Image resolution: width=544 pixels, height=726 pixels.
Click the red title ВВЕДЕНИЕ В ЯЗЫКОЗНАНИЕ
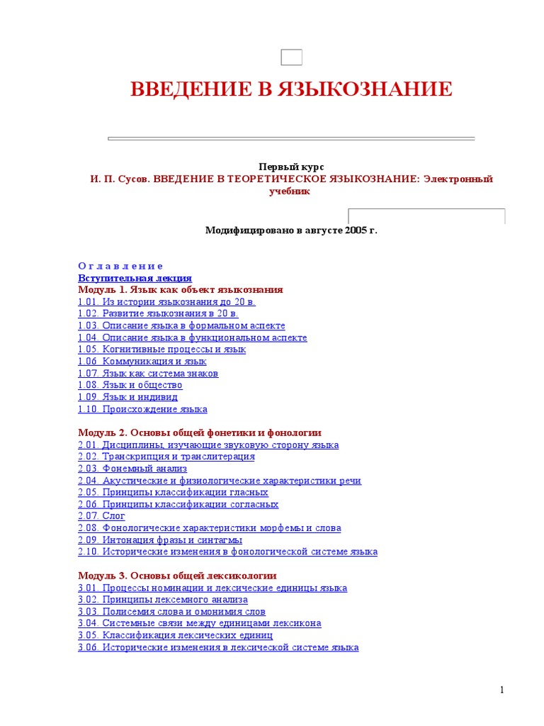point(291,89)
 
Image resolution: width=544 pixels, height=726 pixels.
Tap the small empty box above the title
point(291,58)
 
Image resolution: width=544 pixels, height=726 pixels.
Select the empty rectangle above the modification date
point(426,216)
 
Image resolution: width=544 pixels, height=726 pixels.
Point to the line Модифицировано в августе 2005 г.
point(291,230)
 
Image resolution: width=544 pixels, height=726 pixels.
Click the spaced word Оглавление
point(120,266)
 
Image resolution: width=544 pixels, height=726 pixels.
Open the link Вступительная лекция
point(135,278)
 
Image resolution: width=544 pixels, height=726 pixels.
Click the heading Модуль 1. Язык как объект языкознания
point(180,290)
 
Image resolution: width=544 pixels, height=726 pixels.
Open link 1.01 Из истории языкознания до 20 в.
point(166,302)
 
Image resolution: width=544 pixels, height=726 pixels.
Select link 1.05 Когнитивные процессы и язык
point(161,350)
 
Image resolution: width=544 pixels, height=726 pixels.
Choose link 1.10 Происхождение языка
point(142,409)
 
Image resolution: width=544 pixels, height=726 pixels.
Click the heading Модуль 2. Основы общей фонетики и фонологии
point(200,432)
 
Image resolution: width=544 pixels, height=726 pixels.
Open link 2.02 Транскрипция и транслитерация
point(166,457)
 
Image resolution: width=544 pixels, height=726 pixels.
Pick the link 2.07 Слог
point(101,516)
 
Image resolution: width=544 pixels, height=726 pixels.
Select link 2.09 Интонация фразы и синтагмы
point(164,540)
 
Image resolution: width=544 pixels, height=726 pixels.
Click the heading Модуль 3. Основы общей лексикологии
point(177,576)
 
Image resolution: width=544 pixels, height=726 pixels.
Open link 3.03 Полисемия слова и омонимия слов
point(171,611)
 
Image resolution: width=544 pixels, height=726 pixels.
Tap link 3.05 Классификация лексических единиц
point(175,635)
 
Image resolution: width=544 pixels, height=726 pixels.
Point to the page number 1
point(501,691)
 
